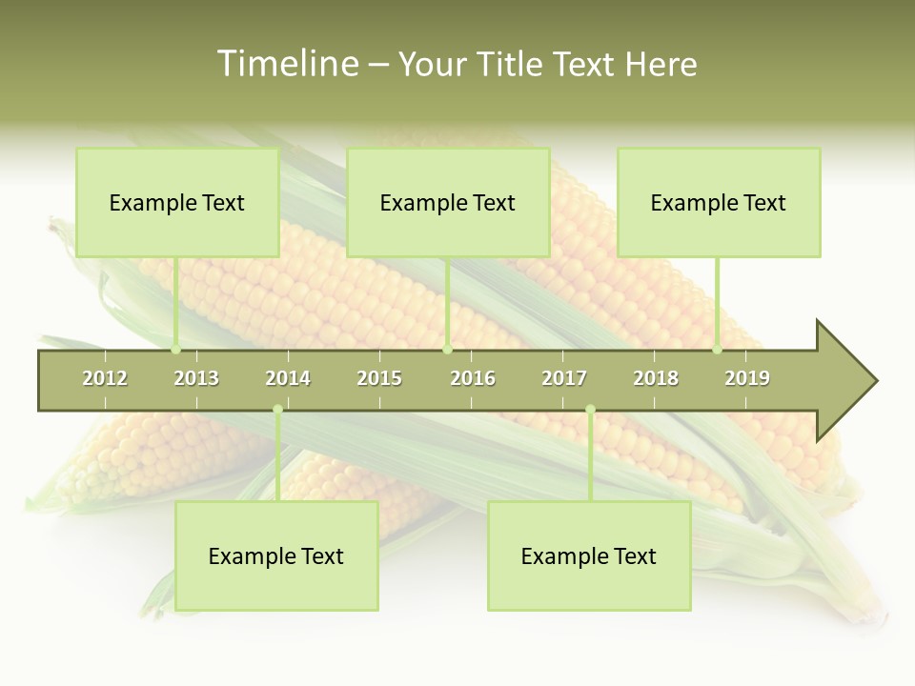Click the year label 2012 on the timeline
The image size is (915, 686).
pyautogui.click(x=105, y=379)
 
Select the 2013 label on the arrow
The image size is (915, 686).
pyautogui.click(x=196, y=379)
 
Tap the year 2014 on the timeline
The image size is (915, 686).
pyautogui.click(x=288, y=379)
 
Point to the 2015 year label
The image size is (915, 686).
pyautogui.click(x=379, y=379)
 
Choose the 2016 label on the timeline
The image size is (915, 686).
pyautogui.click(x=473, y=379)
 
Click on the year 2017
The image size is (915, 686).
pyautogui.click(x=564, y=379)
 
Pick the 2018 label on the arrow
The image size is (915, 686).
pyautogui.click(x=656, y=379)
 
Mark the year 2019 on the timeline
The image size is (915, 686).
pyautogui.click(x=747, y=379)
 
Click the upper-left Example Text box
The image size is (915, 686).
pyautogui.click(x=177, y=202)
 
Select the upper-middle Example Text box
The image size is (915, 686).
pyautogui.click(x=448, y=202)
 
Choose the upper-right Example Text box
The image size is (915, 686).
pyautogui.click(x=719, y=202)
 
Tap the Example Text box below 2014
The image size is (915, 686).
pyautogui.click(x=276, y=555)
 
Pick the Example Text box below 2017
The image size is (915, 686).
pyautogui.click(x=589, y=555)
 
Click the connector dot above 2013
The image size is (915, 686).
pyautogui.click(x=176, y=350)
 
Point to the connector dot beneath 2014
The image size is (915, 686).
pyautogui.click(x=277, y=410)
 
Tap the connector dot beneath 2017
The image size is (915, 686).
pyautogui.click(x=590, y=410)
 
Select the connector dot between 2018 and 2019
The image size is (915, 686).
pyautogui.click(x=718, y=350)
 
